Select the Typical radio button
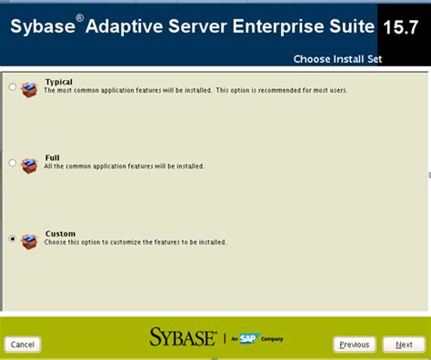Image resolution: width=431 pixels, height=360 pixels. [x=12, y=87]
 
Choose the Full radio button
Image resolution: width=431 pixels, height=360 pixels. [x=12, y=164]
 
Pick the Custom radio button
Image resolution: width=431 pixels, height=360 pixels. [x=12, y=239]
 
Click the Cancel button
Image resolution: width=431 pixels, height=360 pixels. [x=23, y=345]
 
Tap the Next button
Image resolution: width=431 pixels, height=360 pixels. [x=404, y=345]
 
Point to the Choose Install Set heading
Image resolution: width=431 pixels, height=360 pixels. [x=337, y=59]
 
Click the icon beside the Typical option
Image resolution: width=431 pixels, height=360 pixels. [x=31, y=88]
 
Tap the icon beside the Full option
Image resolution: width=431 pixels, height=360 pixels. [x=31, y=165]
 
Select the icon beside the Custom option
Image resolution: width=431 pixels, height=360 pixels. [x=31, y=240]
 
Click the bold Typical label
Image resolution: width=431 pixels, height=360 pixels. [x=59, y=82]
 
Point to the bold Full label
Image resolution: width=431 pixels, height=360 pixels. [x=53, y=158]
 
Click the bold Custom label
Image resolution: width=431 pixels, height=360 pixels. [x=61, y=234]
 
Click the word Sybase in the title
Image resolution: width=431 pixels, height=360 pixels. [x=43, y=27]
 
